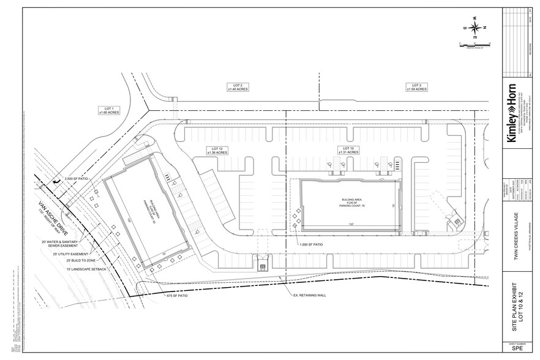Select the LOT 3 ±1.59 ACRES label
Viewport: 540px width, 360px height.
click(416, 87)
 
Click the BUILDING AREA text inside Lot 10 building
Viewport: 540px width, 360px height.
click(344, 201)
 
